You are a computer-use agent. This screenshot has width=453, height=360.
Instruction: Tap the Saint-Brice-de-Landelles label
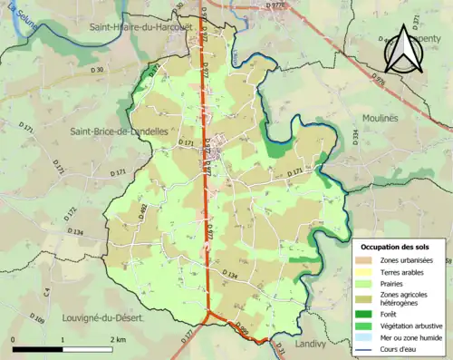(x=119, y=131)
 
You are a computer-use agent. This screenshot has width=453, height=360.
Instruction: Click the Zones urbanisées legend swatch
(x=367, y=260)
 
